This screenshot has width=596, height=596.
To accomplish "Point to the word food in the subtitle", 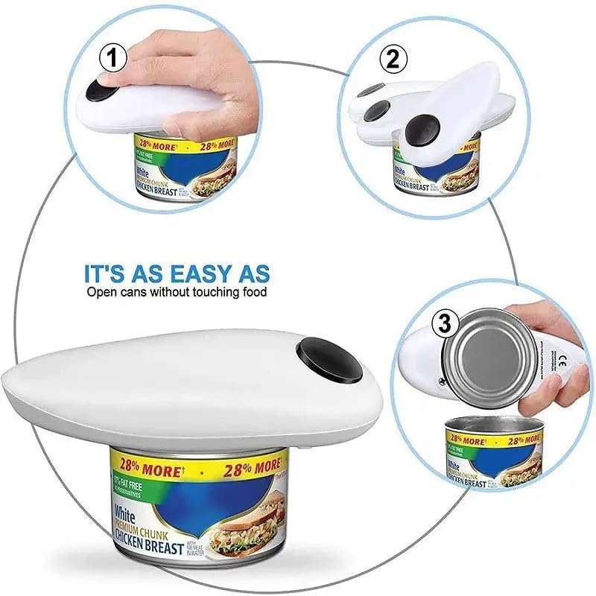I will [x=252, y=292].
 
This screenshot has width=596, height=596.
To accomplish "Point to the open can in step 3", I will [x=492, y=454].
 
